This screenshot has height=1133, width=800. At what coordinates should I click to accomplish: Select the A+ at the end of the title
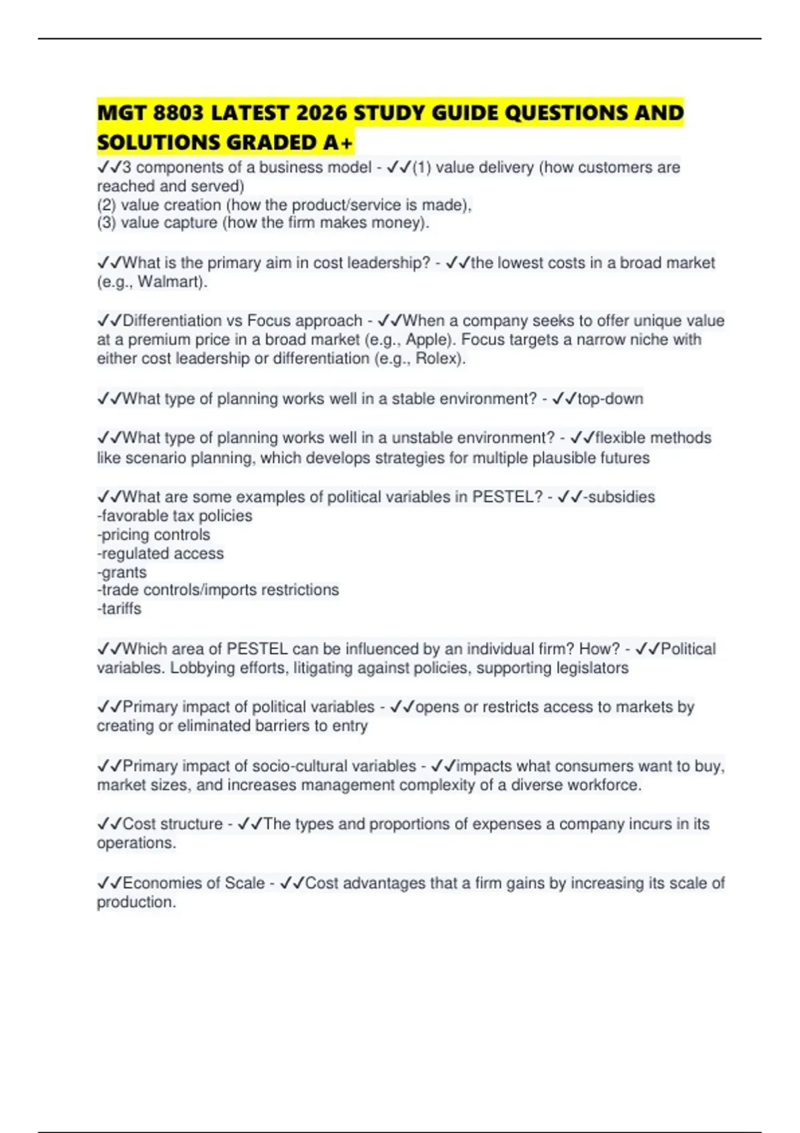point(339,143)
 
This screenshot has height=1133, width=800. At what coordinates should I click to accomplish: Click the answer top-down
point(610,399)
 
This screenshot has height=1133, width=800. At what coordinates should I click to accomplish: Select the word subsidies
point(621,497)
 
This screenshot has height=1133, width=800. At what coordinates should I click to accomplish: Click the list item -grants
point(122,572)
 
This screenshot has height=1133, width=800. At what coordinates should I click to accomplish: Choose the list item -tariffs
point(119,608)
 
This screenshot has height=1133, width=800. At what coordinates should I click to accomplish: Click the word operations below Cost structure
point(135,843)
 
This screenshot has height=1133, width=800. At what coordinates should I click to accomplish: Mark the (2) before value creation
point(107,205)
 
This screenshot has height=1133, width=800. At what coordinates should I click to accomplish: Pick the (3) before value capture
point(107,223)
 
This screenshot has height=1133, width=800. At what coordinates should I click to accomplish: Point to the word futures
point(623,458)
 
